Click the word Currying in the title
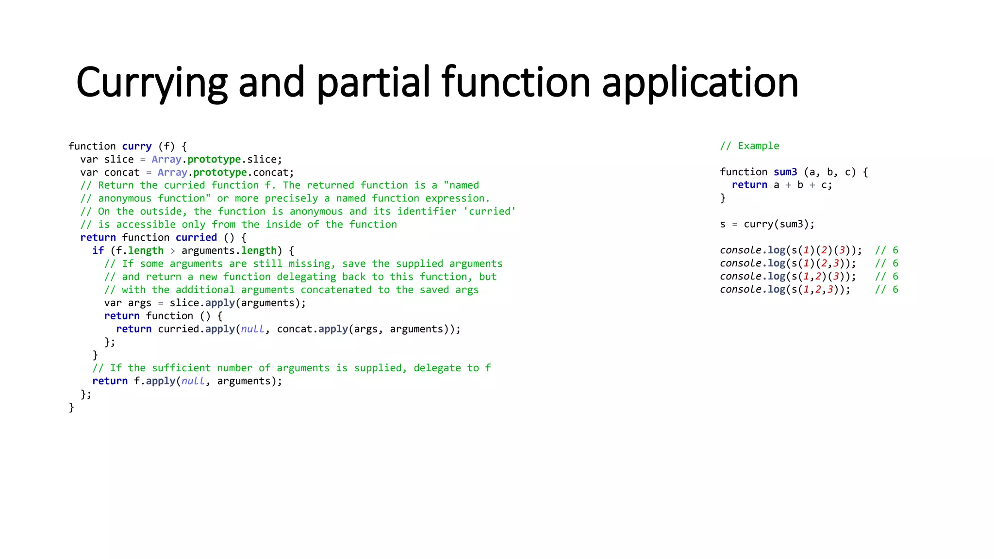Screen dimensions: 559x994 (x=151, y=82)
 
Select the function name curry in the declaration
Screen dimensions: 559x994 (x=136, y=147)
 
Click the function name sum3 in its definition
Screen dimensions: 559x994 (x=785, y=172)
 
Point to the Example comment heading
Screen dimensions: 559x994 (x=758, y=146)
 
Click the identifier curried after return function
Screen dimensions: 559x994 (x=196, y=238)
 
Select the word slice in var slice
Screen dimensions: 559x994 (x=119, y=160)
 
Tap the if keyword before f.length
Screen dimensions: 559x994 (x=98, y=251)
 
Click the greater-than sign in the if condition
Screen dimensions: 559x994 (x=172, y=251)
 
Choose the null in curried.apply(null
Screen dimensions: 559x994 (x=252, y=329)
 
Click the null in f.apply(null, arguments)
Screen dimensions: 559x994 (x=193, y=381)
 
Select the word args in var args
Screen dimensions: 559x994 (x=139, y=303)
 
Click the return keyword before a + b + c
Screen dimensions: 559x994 (x=749, y=185)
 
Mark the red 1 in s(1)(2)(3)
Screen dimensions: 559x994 (x=806, y=250)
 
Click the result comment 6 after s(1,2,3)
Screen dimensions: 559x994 (x=895, y=290)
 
